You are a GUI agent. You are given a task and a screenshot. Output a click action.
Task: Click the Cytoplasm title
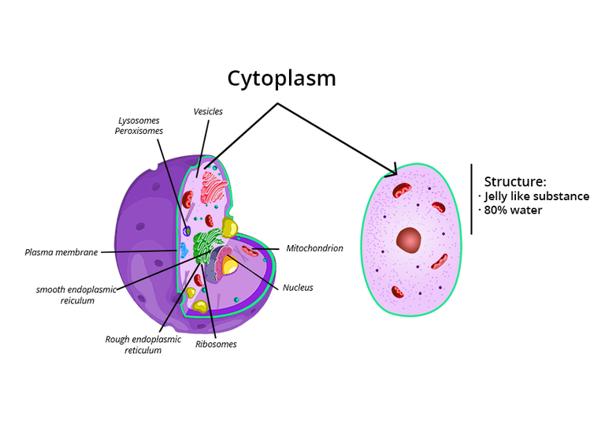click(281, 78)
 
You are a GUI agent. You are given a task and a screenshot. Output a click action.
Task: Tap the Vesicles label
click(208, 111)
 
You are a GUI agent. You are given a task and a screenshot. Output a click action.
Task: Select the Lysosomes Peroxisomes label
click(139, 125)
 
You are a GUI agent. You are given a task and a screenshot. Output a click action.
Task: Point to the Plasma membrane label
click(61, 253)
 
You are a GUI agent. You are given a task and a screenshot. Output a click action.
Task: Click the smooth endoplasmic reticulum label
click(76, 295)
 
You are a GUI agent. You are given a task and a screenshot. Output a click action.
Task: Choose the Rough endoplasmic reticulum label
click(143, 344)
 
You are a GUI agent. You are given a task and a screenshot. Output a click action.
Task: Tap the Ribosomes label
click(216, 344)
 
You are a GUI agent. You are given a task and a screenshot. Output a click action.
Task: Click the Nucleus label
click(298, 288)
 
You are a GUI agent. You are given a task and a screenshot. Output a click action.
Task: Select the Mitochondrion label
click(314, 248)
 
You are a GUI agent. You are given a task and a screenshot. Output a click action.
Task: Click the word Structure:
click(514, 181)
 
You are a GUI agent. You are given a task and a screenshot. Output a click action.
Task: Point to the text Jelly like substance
click(536, 196)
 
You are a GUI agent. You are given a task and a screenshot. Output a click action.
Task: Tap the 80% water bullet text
click(513, 210)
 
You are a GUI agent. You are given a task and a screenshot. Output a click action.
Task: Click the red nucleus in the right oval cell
click(409, 240)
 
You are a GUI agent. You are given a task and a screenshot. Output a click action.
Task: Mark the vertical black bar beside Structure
click(471, 199)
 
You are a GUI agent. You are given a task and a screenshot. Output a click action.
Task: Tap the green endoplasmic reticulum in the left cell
click(206, 245)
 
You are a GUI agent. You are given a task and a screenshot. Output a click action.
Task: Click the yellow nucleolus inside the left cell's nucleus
click(229, 266)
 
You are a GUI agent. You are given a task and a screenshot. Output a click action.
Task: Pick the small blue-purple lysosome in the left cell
click(187, 231)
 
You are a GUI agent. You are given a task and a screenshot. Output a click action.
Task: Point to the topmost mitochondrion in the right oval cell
click(403, 190)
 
